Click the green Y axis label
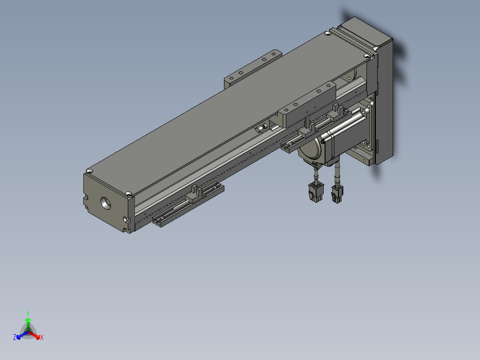pos(28,313)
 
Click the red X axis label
pos(41,338)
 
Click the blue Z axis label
pos(15,338)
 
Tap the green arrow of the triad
pos(28,322)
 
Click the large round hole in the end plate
pos(106,203)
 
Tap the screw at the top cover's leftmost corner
pos(90,171)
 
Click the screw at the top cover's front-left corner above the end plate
pos(129,193)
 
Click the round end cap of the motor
pos(310,151)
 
